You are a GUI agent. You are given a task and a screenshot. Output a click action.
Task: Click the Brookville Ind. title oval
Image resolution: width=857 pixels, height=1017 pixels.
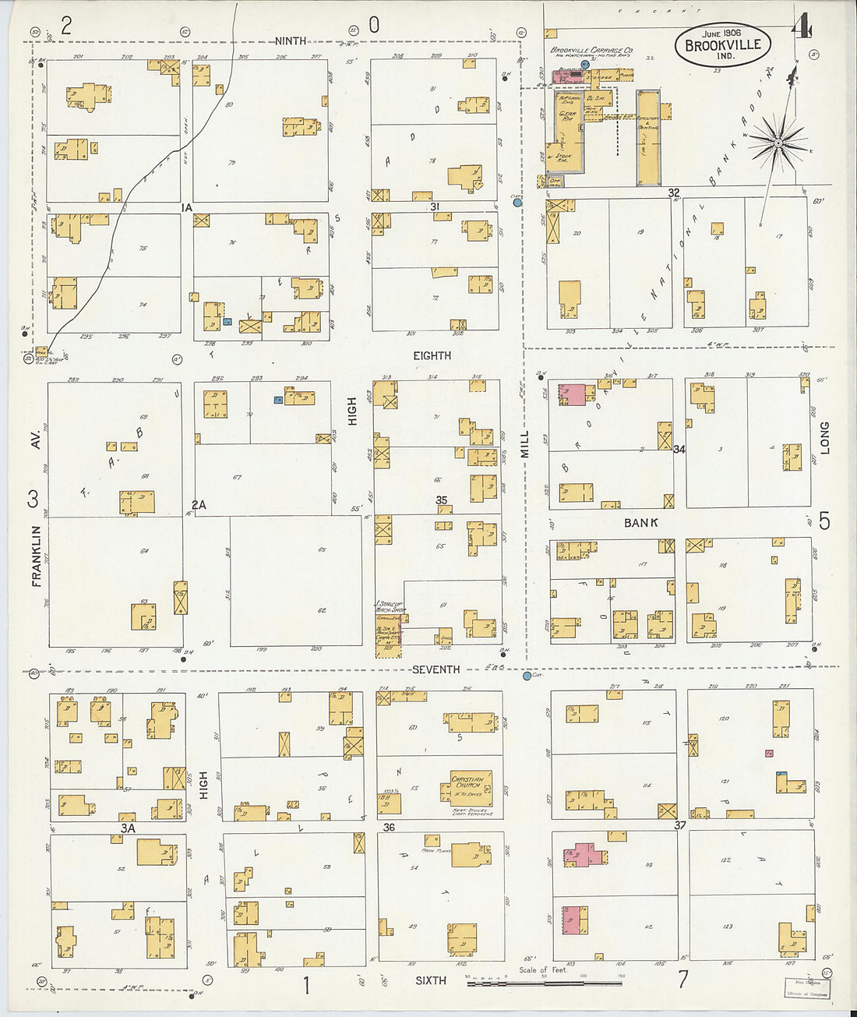coord(722,44)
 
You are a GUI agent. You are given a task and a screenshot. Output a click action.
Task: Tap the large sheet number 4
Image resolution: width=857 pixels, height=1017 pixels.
coord(800,27)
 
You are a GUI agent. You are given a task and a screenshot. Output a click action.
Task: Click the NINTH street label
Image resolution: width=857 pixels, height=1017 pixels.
coord(291,41)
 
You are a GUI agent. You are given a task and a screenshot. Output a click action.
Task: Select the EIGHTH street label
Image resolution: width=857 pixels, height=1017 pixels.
coord(432,355)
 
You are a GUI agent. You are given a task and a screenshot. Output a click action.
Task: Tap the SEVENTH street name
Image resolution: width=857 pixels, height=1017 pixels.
coord(436,669)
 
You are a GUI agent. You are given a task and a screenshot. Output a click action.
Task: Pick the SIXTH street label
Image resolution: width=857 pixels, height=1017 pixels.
coord(430,980)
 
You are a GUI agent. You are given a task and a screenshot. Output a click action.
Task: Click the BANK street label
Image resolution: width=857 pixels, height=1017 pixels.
coord(640,523)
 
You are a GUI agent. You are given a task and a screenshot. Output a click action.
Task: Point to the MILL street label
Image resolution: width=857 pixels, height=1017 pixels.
coord(524,443)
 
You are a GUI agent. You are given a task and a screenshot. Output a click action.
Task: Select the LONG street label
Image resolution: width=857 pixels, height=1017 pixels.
coord(824,437)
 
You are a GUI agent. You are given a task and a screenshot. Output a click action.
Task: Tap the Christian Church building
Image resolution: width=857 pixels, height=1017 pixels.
coord(471,789)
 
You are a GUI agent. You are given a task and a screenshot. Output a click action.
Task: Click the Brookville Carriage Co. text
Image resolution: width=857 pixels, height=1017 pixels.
coord(591,51)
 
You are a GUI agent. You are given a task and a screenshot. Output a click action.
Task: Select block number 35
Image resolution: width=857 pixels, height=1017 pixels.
coord(442,500)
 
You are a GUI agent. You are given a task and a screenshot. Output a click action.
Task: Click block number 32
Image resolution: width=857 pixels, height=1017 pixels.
coord(673,192)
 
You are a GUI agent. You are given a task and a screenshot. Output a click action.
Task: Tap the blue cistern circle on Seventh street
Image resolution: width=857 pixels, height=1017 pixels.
coord(527,676)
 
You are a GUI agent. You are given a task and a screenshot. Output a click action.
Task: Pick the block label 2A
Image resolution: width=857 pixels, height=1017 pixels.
coord(199,505)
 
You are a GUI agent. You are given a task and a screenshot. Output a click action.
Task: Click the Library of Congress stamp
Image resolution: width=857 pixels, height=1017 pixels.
coord(806,987)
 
